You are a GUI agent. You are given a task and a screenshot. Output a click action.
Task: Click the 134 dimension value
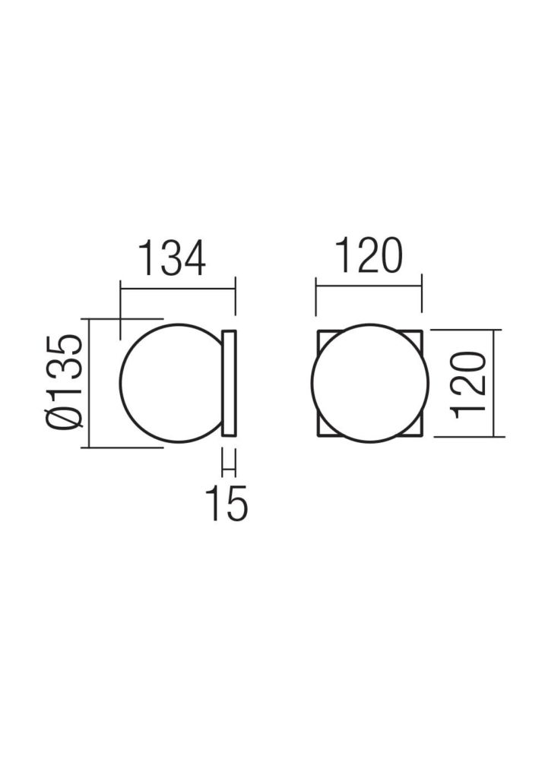point(172,259)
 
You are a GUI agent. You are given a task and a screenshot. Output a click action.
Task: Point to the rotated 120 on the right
point(468,384)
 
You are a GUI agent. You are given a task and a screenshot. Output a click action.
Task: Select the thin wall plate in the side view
point(230,384)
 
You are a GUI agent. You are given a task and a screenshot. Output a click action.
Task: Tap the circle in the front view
point(369,384)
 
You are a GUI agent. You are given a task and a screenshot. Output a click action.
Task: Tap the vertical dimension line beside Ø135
point(90,383)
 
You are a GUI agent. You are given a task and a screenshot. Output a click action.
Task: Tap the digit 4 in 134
point(194,259)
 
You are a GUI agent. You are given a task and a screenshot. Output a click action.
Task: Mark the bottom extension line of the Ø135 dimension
point(125,448)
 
